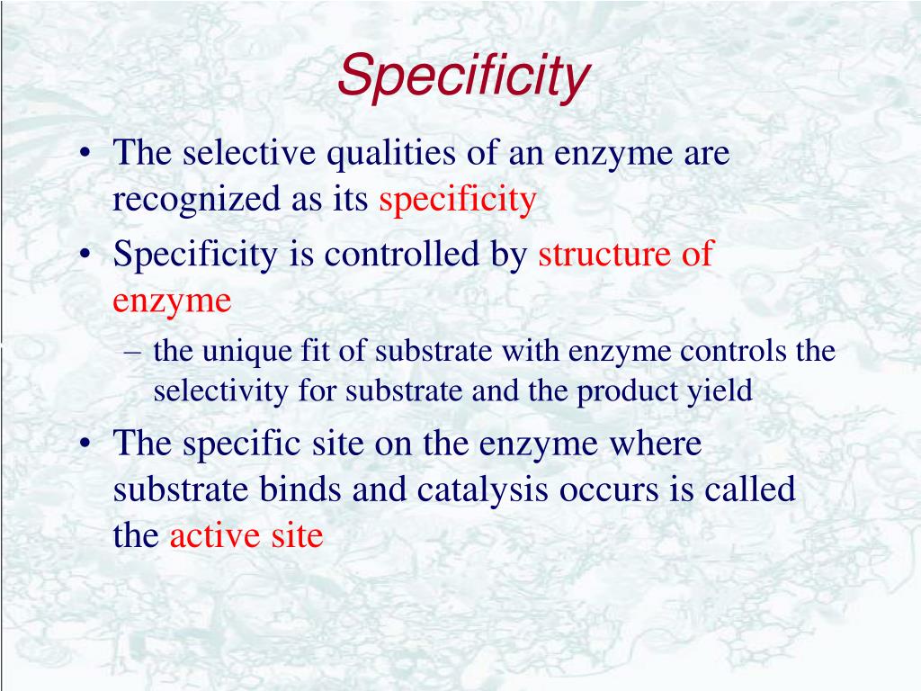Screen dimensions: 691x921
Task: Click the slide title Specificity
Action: pyautogui.click(x=463, y=76)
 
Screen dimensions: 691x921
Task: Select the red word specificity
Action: pyautogui.click(x=457, y=200)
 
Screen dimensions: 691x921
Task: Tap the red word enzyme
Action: pyautogui.click(x=172, y=301)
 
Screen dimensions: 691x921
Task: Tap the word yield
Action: pyautogui.click(x=720, y=391)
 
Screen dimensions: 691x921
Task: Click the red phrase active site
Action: pyautogui.click(x=246, y=536)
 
